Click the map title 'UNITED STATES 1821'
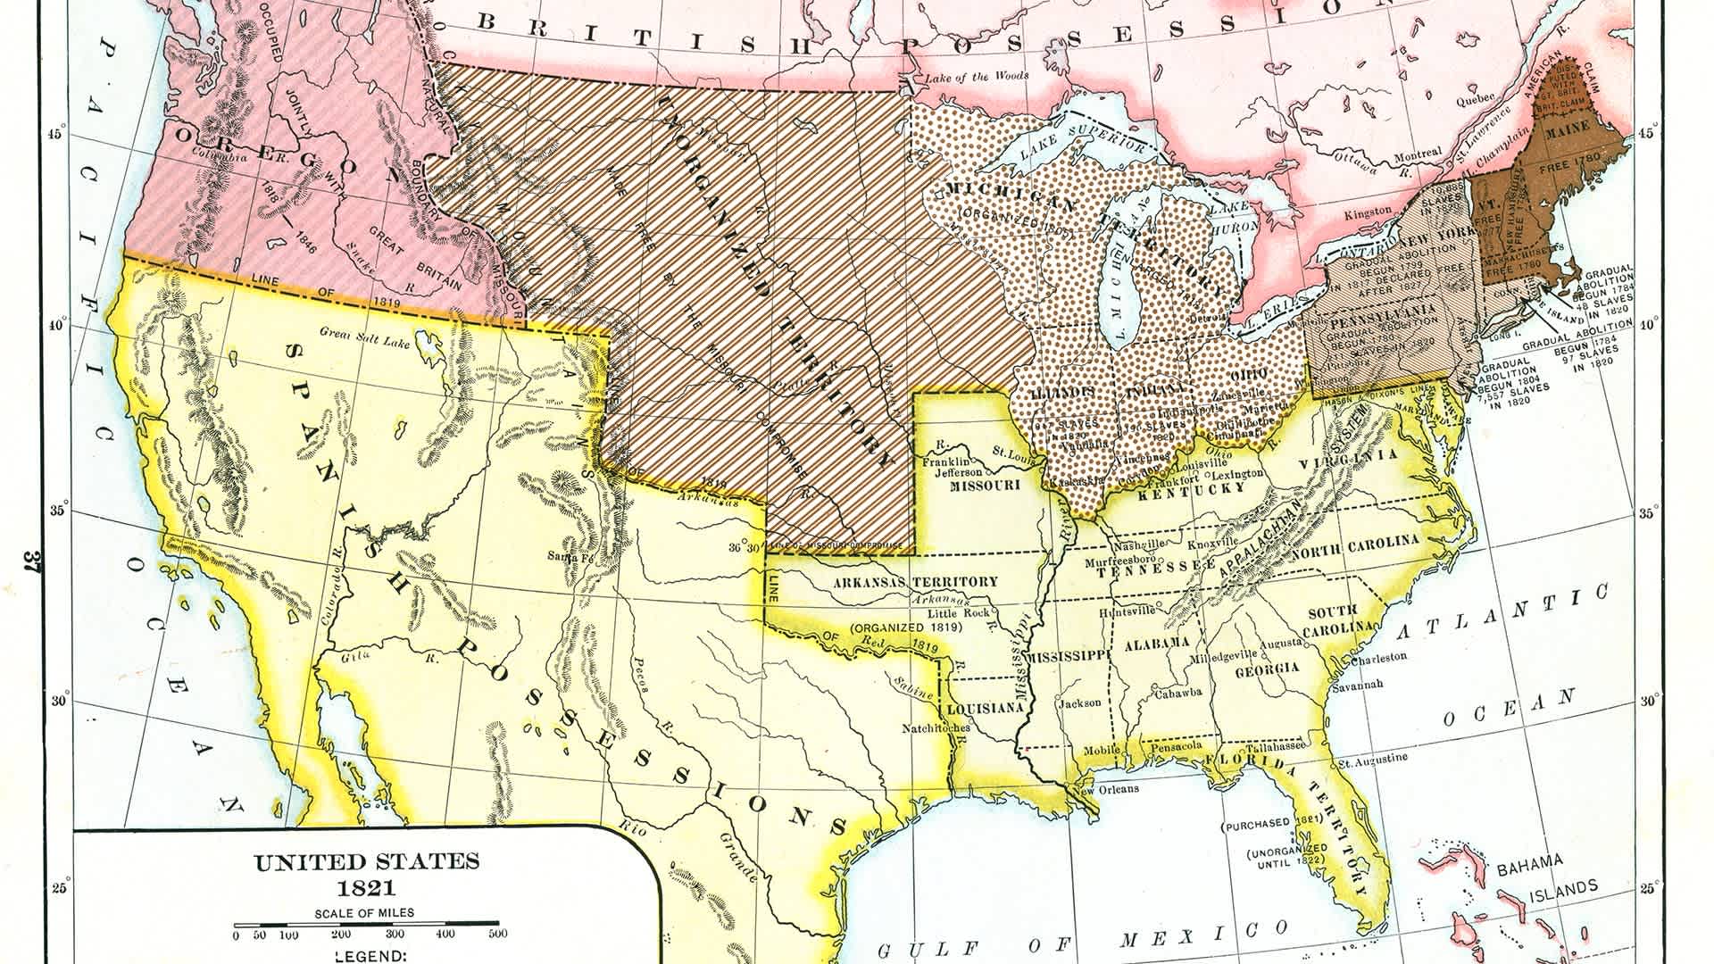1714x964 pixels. click(367, 875)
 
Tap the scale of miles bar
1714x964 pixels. click(365, 926)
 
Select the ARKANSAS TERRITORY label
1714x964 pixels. click(915, 582)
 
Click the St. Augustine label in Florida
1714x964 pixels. click(1376, 758)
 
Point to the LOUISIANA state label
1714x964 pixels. click(984, 708)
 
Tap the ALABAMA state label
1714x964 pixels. click(1156, 644)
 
